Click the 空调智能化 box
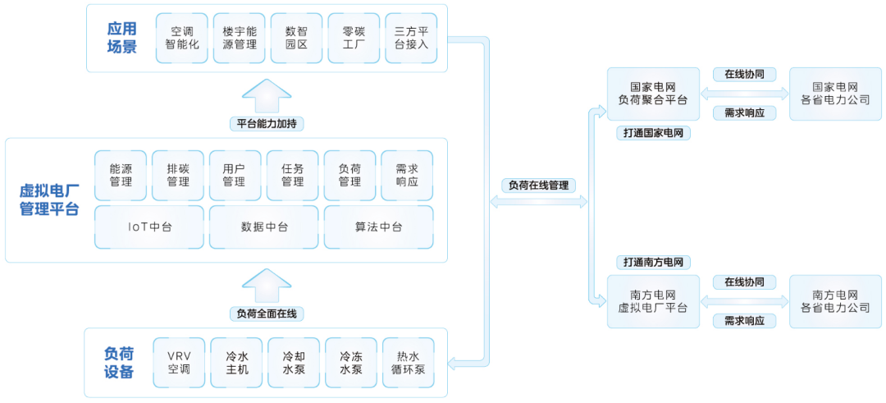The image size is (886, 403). (182, 38)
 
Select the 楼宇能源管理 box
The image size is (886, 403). (240, 38)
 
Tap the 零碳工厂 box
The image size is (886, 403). (354, 38)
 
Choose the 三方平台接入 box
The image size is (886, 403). (411, 38)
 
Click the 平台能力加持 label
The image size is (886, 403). (267, 124)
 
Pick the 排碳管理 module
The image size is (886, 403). (178, 175)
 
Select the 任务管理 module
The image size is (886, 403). (293, 175)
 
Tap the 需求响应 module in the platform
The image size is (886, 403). (407, 175)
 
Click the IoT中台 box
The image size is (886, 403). (150, 227)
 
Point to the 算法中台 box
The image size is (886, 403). (378, 227)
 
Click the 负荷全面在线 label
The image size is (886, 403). (267, 314)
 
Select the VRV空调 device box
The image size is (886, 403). (179, 363)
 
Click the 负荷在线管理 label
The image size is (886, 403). (538, 185)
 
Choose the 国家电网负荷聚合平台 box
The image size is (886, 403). (653, 94)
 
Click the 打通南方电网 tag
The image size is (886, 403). (653, 263)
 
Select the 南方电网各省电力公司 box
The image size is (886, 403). (835, 301)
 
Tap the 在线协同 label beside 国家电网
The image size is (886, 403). (744, 75)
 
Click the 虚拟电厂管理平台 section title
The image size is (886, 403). (49, 200)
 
